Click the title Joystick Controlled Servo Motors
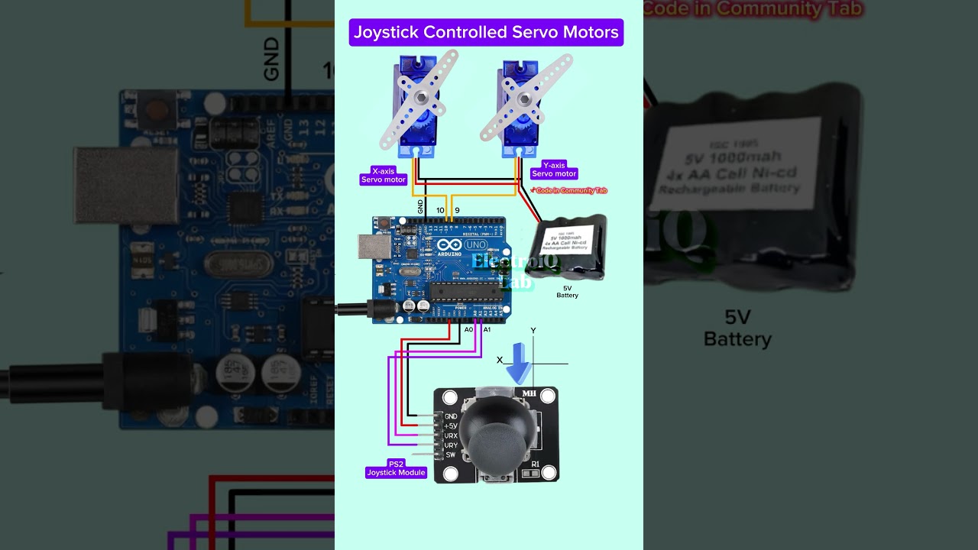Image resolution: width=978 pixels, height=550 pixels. click(486, 32)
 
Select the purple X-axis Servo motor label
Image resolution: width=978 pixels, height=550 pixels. click(384, 176)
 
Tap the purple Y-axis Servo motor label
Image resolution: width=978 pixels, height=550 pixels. click(554, 170)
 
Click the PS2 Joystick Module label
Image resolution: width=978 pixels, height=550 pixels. click(396, 468)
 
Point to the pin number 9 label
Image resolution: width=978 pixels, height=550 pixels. click(457, 210)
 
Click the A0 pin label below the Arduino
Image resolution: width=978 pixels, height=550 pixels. click(469, 329)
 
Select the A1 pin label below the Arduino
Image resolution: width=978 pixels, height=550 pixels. click(487, 329)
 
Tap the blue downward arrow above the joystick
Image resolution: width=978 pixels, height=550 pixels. click(519, 364)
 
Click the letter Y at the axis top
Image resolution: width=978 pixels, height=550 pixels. click(533, 331)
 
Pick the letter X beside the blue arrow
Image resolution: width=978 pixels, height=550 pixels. click(500, 360)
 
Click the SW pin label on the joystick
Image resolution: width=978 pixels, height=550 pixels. click(450, 455)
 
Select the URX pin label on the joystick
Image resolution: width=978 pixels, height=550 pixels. click(451, 435)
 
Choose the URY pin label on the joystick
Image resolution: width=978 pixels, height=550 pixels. click(451, 445)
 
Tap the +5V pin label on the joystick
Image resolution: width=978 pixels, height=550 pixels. click(451, 425)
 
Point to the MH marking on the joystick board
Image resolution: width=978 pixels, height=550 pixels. click(529, 393)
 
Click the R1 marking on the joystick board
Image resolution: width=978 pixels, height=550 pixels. click(535, 464)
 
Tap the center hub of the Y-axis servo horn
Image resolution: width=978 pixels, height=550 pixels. click(524, 99)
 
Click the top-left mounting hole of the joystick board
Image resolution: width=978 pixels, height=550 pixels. click(449, 398)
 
